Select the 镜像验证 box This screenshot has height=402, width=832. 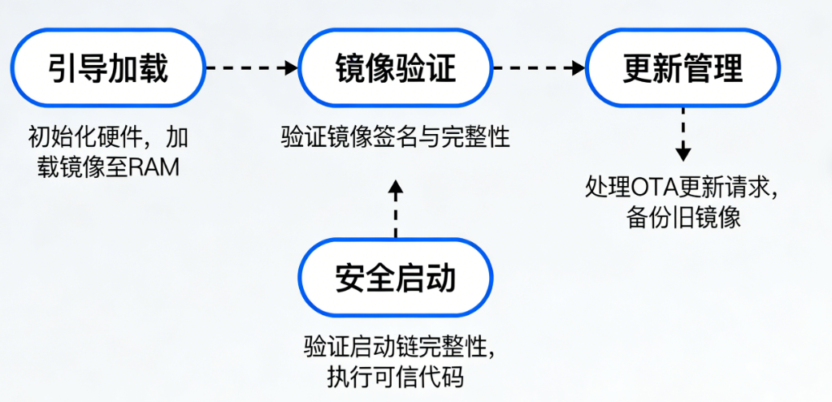click(396, 68)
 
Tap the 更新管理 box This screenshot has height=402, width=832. click(682, 68)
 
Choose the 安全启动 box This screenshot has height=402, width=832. click(396, 279)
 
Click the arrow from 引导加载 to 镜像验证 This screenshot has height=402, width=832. click(252, 68)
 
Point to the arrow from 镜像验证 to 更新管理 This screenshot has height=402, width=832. click(539, 68)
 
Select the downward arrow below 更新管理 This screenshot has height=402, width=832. click(683, 139)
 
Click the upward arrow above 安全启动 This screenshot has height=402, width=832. click(396, 210)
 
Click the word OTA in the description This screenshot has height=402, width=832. click(651, 188)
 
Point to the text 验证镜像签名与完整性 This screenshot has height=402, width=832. click(396, 136)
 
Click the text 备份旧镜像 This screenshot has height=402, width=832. click(683, 218)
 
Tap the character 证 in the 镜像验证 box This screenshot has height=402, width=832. click(441, 68)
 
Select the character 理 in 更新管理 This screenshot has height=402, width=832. click(728, 68)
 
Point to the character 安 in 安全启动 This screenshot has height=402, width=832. click(350, 279)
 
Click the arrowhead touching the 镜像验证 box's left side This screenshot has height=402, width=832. click(292, 68)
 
